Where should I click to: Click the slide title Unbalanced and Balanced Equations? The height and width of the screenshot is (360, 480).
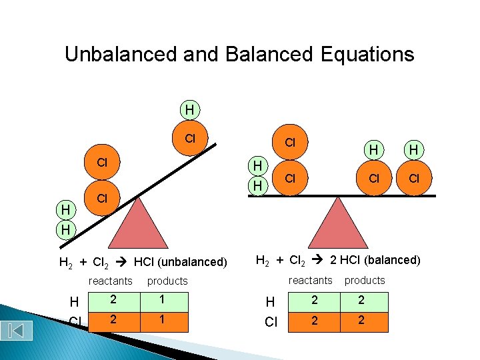click(239, 54)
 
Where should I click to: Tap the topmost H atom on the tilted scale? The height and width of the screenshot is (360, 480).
click(190, 109)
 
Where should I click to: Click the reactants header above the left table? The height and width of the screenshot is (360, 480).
click(110, 281)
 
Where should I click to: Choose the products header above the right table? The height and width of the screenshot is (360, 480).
click(365, 280)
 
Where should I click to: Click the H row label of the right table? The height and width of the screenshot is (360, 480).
click(270, 302)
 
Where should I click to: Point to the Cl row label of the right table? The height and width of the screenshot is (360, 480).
click(271, 322)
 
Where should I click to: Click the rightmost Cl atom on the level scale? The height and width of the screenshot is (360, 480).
click(414, 179)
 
